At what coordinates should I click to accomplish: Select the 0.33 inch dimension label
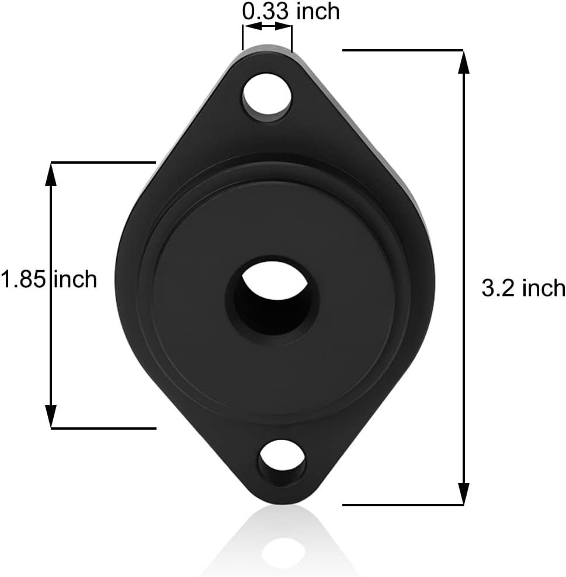[x=290, y=11]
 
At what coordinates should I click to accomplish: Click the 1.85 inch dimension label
[x=48, y=279]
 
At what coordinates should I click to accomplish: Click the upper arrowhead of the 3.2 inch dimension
[x=464, y=62]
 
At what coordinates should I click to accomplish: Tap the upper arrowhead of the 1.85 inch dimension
[x=51, y=173]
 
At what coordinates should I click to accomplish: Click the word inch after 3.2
[x=543, y=288]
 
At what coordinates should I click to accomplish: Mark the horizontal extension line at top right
[x=403, y=51]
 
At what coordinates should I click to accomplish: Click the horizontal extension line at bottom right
[x=403, y=504]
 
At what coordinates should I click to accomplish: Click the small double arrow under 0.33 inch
[x=268, y=27]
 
